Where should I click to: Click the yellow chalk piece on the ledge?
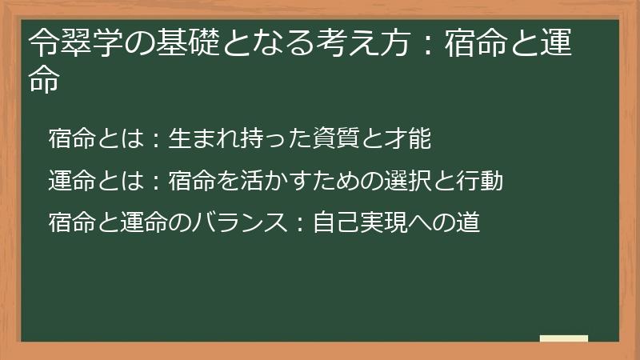pos(564,338)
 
